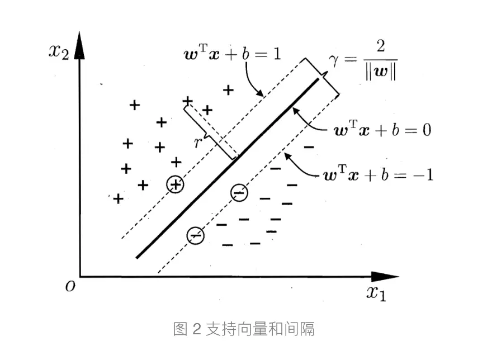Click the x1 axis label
[376, 292]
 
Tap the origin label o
[70, 287]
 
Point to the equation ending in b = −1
[379, 175]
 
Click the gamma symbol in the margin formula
[334, 60]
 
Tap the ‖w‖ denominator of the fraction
[380, 74]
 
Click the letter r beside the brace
[197, 142]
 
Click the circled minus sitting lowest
[196, 236]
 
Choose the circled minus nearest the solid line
[239, 193]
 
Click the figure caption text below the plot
[244, 329]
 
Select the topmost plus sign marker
[228, 89]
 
